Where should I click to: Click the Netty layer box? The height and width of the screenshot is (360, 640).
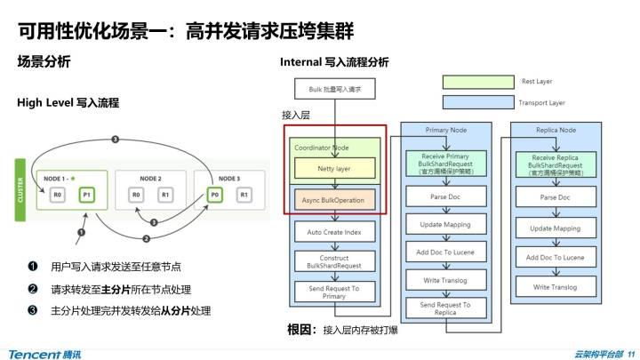[x=335, y=168]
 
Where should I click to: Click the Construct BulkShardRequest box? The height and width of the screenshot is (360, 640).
[x=333, y=261]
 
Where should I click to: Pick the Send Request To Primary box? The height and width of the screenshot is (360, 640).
[x=333, y=292]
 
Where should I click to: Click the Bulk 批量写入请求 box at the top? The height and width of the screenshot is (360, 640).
[x=333, y=90]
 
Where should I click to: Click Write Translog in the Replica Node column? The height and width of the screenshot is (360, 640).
[x=555, y=287]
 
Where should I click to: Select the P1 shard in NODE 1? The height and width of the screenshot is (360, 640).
[x=86, y=195]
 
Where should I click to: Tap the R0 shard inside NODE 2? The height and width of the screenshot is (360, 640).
[x=137, y=195]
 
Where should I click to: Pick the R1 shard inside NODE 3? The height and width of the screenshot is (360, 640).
[x=244, y=195]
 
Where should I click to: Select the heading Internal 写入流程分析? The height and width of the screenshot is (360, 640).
[x=333, y=62]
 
